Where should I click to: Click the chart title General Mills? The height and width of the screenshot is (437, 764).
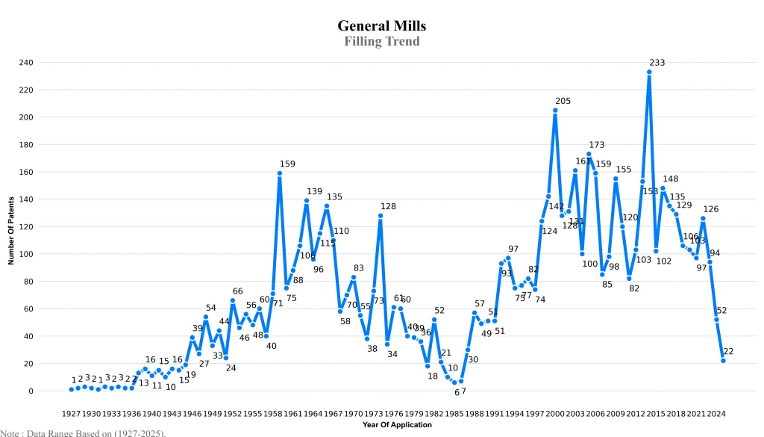point(381,26)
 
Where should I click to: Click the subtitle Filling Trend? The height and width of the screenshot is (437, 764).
point(381,41)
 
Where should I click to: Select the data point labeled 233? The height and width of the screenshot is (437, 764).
point(649,72)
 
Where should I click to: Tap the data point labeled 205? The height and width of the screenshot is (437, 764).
point(555,110)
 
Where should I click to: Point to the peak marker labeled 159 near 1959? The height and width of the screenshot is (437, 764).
point(280,173)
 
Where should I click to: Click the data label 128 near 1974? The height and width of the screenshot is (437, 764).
point(388,206)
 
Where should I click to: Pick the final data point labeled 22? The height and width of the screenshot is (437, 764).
point(723,361)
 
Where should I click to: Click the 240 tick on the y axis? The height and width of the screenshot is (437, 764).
point(26,62)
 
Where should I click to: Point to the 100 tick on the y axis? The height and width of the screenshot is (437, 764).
point(26,254)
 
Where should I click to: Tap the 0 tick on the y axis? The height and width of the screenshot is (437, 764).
point(31,391)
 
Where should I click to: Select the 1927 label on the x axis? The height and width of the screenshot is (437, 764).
point(71,413)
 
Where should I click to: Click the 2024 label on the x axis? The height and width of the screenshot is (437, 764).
point(716,413)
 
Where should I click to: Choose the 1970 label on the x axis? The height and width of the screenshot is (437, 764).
point(354,413)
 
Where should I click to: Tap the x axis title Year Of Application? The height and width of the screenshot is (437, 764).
point(397,424)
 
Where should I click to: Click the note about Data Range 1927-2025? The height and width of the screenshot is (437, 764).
point(83,433)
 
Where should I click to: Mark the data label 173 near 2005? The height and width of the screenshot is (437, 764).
point(597,145)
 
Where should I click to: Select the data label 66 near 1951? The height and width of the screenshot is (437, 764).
point(237,291)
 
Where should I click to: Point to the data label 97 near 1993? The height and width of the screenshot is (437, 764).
point(513,249)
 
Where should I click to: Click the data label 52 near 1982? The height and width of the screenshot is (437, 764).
point(439,310)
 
